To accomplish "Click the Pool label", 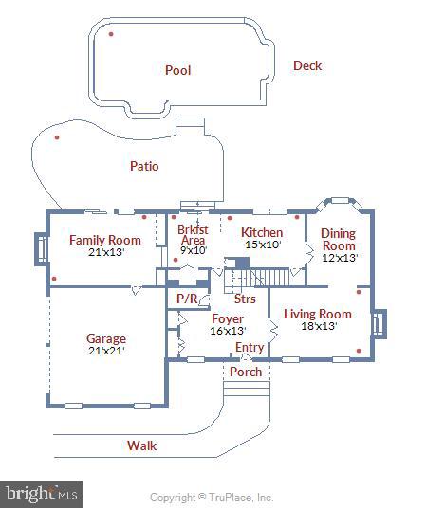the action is (177, 70).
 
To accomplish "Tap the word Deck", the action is (307, 65).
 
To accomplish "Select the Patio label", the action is (144, 166).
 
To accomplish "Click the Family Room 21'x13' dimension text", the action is (106, 252).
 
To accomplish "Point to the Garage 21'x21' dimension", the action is (106, 351).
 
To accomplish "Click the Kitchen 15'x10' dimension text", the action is (263, 245).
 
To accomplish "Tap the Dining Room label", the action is (338, 240).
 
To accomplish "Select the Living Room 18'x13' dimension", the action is (319, 326).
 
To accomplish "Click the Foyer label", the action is (228, 318).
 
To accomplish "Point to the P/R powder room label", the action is (187, 299).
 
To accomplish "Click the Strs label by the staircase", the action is (245, 299).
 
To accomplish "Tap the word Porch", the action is (246, 372).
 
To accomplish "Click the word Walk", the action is (141, 445).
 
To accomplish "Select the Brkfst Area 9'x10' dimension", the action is (194, 250).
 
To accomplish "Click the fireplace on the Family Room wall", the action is (41, 249).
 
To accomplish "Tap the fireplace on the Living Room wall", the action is (379, 324).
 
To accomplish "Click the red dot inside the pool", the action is (111, 34).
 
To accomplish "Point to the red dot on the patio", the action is (57, 137).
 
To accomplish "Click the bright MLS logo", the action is (41, 495).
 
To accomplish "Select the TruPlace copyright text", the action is (212, 497).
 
